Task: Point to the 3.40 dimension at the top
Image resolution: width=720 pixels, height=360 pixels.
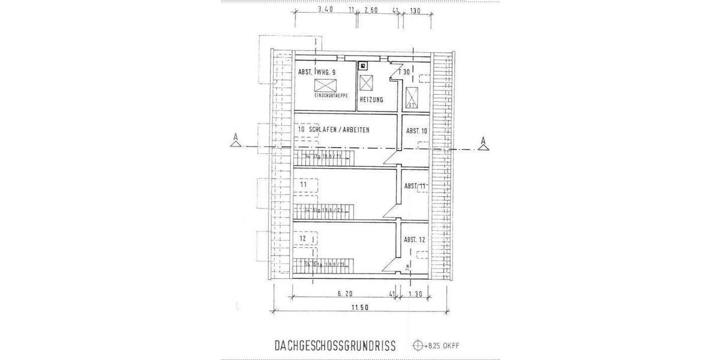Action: point(325,10)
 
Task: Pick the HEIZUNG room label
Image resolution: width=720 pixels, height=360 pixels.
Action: point(371,100)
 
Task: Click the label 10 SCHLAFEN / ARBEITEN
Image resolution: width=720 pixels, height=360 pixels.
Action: point(334,130)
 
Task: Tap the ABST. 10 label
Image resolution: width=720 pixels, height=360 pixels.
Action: point(416,131)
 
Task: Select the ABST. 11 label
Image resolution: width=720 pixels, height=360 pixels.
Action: point(415,186)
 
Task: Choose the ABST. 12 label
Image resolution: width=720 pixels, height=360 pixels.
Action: point(415,239)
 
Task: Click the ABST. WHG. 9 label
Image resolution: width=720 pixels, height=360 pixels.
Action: point(316,72)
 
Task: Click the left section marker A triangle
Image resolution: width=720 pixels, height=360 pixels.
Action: point(236,142)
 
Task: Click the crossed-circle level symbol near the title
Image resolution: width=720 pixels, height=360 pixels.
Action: point(418,346)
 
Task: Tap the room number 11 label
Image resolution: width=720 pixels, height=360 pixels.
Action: point(304,185)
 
